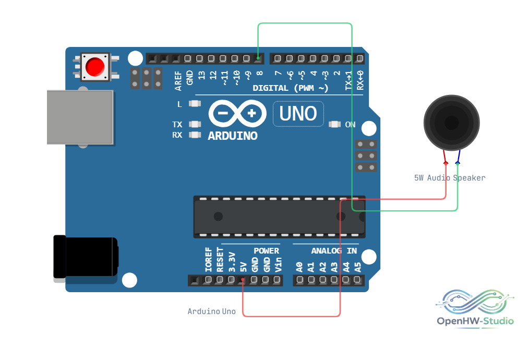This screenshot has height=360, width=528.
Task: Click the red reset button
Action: [94, 67]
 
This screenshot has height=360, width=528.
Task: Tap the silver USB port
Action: [80, 117]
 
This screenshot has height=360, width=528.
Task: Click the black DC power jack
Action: [86, 257]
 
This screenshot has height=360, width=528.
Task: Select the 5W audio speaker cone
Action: [451, 123]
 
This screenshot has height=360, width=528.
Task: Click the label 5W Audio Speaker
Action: [450, 178]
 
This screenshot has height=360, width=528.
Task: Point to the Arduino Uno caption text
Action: [211, 311]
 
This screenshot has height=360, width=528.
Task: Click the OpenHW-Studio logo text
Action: [475, 321]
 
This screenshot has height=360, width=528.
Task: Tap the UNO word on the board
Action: [298, 114]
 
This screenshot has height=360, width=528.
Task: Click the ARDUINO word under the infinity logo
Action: [233, 136]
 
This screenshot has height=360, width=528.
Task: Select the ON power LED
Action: [334, 124]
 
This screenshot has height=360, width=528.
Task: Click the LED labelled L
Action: [195, 103]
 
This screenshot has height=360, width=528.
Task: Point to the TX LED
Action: [195, 124]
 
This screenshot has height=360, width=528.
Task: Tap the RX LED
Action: [195, 135]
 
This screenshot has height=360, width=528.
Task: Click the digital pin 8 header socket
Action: [258, 58]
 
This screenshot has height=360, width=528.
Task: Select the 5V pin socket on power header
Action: [243, 280]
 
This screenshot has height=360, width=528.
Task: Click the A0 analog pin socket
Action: [299, 280]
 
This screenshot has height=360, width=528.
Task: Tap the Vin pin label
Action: [278, 265]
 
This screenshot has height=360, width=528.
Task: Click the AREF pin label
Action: [178, 81]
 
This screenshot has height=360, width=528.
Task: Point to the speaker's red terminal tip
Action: [446, 163]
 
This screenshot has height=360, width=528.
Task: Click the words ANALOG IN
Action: [334, 251]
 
